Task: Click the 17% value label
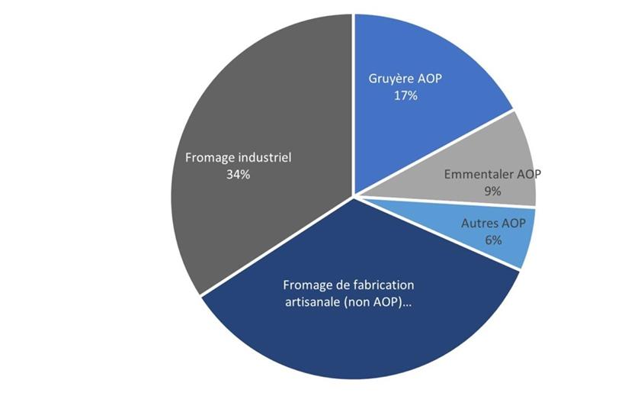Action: pos(405,96)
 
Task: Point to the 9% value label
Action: pos(492,191)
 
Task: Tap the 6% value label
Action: pos(492,240)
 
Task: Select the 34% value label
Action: pos(238,174)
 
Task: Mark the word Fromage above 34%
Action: pos(210,157)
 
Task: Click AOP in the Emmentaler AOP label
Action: pos(527,174)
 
